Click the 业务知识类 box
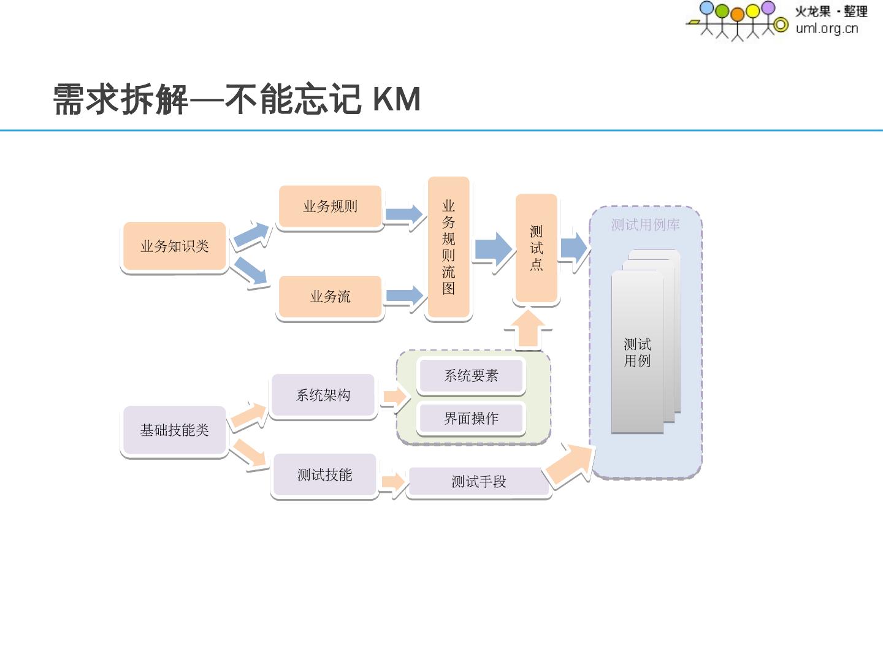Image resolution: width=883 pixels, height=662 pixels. (x=175, y=246)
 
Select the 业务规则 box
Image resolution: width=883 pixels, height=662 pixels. (x=330, y=207)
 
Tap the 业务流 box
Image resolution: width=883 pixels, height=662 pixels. (x=330, y=297)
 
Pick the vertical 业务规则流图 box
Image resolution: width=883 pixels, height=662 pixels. (x=449, y=247)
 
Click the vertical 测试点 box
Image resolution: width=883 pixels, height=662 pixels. (x=537, y=248)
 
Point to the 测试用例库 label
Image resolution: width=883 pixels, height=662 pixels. (x=645, y=225)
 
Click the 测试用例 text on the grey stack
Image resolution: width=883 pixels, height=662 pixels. (x=637, y=352)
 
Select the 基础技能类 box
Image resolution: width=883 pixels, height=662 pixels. (x=175, y=430)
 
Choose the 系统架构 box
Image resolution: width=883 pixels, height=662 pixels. (x=323, y=395)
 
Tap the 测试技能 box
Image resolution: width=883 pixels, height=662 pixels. (x=324, y=475)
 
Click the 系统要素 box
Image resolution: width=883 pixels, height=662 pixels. (x=471, y=376)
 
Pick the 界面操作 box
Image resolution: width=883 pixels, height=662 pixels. (x=471, y=419)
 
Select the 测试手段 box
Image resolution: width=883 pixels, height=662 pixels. (x=478, y=482)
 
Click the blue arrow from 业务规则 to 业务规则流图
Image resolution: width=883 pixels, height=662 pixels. (x=404, y=215)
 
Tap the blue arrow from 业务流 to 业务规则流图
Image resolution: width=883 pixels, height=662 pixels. (x=404, y=296)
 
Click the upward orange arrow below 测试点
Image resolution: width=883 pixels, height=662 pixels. (x=527, y=329)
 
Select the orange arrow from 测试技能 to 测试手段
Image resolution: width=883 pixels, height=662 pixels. (x=392, y=482)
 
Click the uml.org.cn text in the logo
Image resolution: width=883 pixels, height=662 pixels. (x=827, y=28)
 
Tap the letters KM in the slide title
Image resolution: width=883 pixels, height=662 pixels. (x=396, y=99)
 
